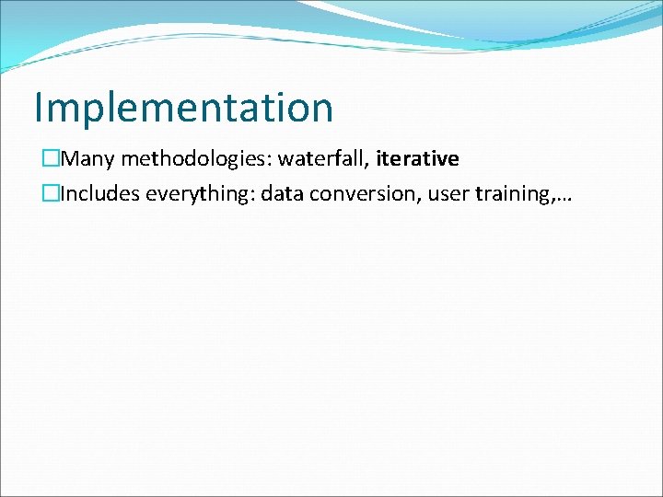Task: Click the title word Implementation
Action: pos(183,108)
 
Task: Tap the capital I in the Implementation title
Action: pos(39,108)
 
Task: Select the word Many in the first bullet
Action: pos(88,159)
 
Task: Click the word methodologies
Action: pos(195,159)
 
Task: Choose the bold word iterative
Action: pos(417,159)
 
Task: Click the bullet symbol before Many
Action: pos(49,159)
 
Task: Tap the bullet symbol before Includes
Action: pos(49,195)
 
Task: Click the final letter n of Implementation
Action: pos(321,110)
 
